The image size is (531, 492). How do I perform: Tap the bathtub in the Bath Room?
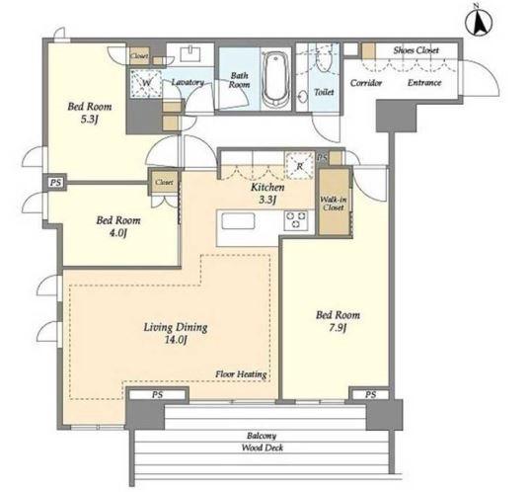tap(275, 79)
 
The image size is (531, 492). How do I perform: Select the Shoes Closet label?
tap(416, 50)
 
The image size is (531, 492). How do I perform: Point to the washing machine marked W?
tap(146, 83)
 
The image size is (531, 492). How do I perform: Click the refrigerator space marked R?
tap(300, 165)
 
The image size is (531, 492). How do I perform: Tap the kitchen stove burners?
tap(296, 220)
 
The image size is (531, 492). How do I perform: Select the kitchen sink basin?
tap(238, 222)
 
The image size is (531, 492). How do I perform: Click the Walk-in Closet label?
tap(334, 204)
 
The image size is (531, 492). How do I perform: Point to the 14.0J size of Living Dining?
tap(176, 340)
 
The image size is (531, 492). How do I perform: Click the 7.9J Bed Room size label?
tap(338, 328)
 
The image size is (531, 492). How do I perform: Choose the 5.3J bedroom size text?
tap(90, 120)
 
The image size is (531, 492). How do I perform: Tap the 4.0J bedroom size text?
tap(117, 233)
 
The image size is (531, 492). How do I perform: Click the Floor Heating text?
tap(241, 374)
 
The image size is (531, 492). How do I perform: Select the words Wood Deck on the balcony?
tap(263, 448)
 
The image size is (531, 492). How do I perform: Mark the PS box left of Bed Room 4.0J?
tap(55, 183)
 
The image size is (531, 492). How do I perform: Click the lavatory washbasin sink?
tap(190, 54)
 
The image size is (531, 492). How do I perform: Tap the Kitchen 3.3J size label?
tap(267, 200)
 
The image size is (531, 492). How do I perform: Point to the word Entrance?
tap(424, 83)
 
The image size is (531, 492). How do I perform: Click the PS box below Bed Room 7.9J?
tap(370, 394)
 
